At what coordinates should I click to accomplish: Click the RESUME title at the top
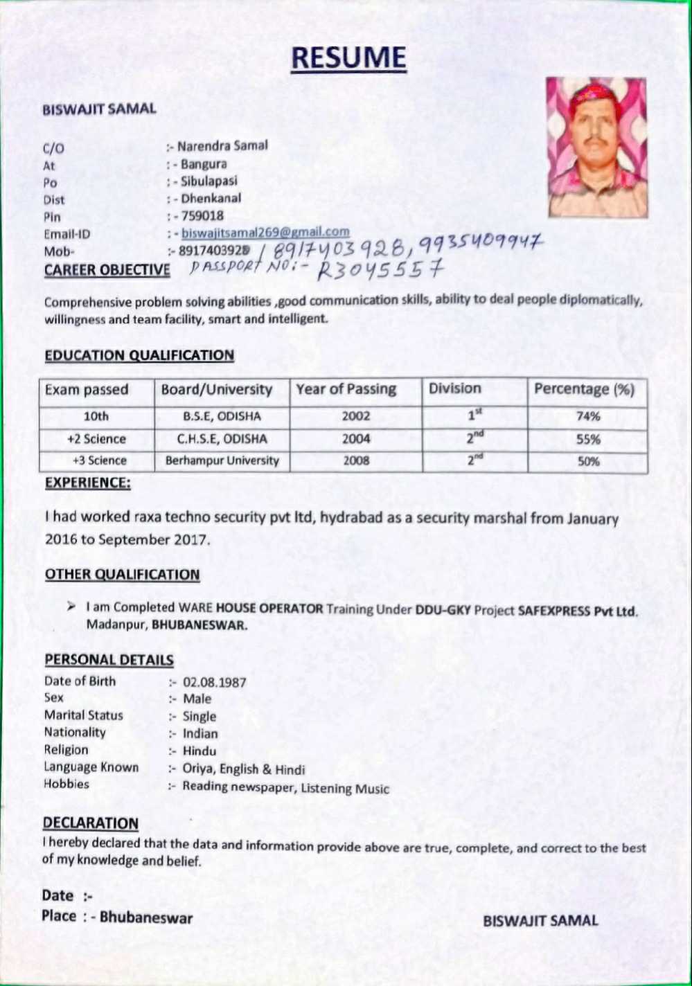click(348, 58)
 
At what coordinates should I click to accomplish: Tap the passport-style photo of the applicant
click(596, 147)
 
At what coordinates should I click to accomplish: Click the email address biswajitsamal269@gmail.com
click(265, 232)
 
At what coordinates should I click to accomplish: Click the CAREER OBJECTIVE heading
click(107, 269)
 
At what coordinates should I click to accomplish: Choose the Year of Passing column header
click(346, 389)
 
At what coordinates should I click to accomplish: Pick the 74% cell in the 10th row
click(588, 416)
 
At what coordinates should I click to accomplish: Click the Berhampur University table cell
click(222, 460)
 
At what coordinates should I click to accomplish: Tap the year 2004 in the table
click(356, 438)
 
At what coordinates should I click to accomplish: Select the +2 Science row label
click(96, 439)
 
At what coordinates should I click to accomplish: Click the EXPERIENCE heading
click(87, 483)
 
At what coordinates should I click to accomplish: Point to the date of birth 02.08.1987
click(214, 682)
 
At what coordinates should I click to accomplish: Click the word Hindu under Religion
click(199, 751)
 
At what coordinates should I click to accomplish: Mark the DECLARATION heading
click(91, 823)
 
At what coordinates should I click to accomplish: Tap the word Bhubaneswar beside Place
click(146, 917)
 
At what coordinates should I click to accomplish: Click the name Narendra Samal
click(222, 146)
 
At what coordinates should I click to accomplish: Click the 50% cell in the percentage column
click(588, 461)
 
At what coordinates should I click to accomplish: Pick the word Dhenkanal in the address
click(211, 198)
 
